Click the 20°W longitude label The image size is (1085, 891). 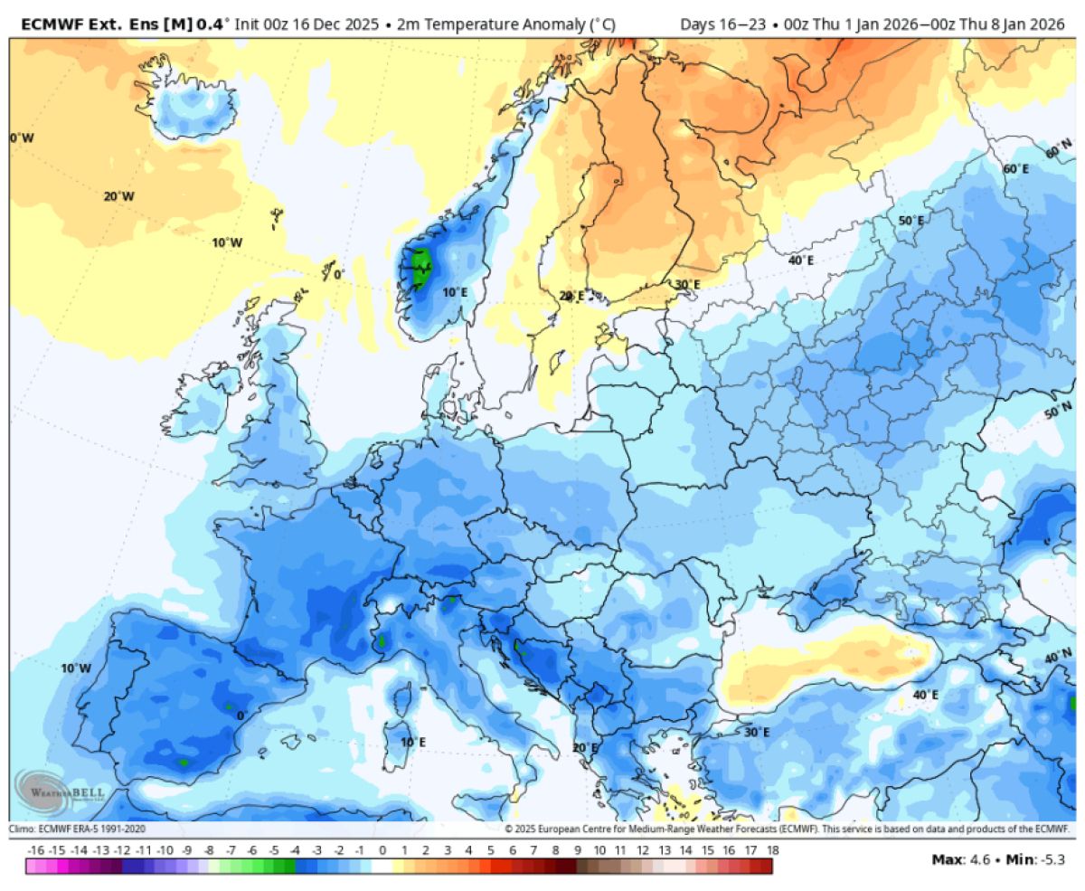[x=118, y=196]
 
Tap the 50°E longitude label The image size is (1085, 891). [x=910, y=221]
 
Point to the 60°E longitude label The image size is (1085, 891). [x=1015, y=168]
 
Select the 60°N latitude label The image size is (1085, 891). [x=1059, y=147]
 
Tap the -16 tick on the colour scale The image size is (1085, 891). [x=36, y=850]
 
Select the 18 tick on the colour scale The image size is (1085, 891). [x=772, y=850]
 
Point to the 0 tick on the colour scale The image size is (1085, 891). [x=382, y=850]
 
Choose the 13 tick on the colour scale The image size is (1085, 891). [x=665, y=850]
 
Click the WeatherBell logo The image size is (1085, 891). [x=59, y=791]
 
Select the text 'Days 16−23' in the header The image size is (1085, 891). [x=718, y=24]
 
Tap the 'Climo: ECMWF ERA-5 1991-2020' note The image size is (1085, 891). [x=77, y=829]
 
